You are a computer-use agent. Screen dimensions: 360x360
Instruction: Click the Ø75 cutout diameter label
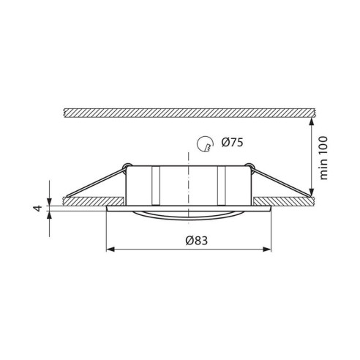[232, 143]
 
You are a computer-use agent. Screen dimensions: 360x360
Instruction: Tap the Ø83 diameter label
[197, 241]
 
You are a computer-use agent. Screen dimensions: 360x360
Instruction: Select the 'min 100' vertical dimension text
[323, 158]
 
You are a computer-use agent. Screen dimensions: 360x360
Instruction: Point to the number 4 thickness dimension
[38, 209]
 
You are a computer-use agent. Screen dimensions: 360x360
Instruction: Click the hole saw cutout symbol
[205, 144]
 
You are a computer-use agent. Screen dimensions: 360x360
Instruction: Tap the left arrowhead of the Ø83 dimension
[110, 250]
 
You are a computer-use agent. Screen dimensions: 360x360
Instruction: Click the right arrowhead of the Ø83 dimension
[267, 250]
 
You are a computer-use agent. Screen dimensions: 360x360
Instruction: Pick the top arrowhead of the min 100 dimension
[311, 122]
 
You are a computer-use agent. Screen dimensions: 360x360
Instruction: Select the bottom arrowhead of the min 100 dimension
[311, 192]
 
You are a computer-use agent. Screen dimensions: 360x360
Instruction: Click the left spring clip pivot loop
[127, 166]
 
